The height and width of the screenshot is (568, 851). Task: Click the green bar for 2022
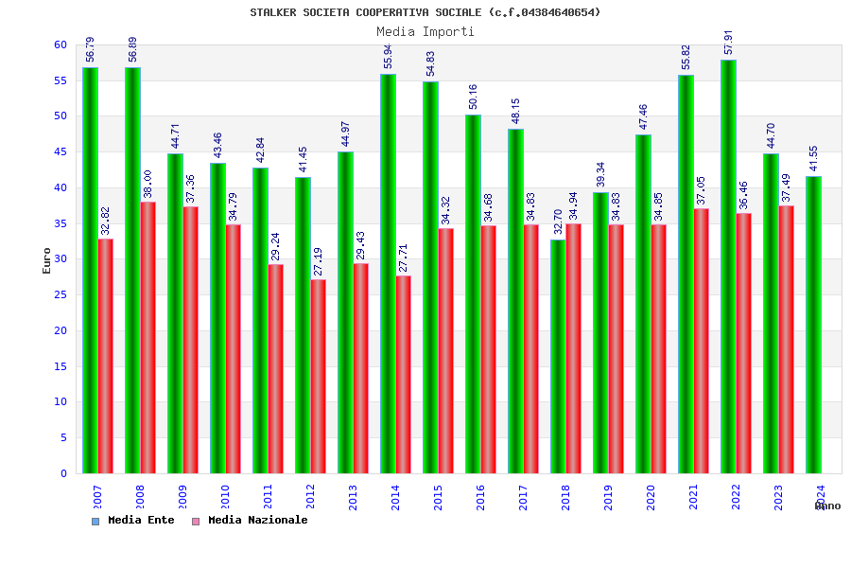728,266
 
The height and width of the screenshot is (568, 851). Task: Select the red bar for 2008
148,337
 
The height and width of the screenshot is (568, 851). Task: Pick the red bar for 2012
319,376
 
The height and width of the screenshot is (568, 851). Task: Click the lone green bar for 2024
813,325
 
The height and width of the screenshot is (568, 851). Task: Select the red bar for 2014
404,374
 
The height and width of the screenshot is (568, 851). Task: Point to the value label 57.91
729,43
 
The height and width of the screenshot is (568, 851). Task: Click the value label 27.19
319,260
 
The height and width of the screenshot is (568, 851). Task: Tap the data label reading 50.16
474,97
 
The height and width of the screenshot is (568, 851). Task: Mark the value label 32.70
559,222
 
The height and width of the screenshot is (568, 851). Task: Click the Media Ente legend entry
133,520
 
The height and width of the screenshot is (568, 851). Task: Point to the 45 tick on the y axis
60,151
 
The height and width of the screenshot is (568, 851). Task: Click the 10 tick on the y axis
60,401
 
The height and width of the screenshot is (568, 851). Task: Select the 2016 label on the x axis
480,497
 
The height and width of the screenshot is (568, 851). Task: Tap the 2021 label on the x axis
693,497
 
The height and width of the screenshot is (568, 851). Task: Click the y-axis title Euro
47,260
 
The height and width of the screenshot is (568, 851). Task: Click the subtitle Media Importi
425,31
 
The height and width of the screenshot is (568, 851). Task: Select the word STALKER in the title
273,12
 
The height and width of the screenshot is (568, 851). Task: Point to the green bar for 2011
260,320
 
